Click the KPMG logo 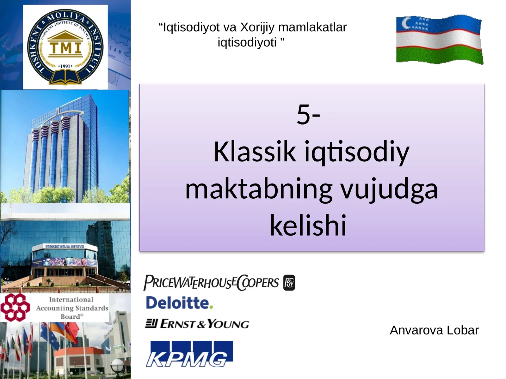pos(189,354)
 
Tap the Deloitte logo pos(179,303)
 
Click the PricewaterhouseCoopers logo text pos(211,282)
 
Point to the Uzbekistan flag pos(439,39)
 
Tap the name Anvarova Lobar pos(434,330)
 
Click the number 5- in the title pos(308,114)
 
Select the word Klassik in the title pos(255,152)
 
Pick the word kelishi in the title pos(308,226)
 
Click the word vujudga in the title pos(389,189)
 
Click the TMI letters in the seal pos(65,48)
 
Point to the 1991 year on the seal pos(65,66)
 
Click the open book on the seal pos(65,77)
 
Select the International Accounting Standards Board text pos(72,308)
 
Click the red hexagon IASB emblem pos(15,307)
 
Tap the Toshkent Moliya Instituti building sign pos(65,246)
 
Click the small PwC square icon pos(289,283)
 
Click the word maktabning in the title pos(258,189)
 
